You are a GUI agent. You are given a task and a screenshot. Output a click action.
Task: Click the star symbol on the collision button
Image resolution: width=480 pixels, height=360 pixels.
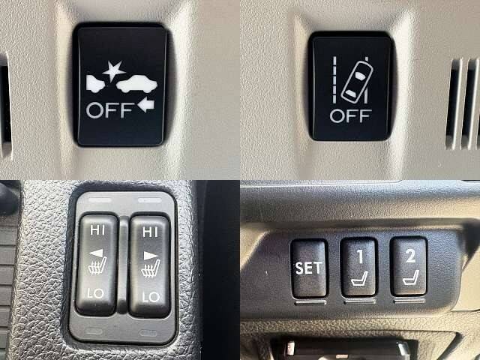pyautogui.click(x=114, y=71)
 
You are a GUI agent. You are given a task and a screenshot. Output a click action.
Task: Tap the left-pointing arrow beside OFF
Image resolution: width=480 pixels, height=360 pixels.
pyautogui.click(x=145, y=105)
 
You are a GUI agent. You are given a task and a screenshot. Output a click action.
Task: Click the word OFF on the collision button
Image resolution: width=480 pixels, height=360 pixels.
pyautogui.click(x=110, y=110)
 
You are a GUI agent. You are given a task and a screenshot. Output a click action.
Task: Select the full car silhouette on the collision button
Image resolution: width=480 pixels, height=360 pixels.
pyautogui.click(x=136, y=84)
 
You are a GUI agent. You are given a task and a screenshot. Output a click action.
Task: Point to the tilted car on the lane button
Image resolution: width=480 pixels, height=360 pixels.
pyautogui.click(x=357, y=82)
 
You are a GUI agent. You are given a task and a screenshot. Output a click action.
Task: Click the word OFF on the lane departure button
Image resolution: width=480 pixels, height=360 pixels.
pyautogui.click(x=351, y=116)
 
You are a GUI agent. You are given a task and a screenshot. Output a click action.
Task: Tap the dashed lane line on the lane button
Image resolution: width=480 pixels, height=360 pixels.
pyautogui.click(x=334, y=79)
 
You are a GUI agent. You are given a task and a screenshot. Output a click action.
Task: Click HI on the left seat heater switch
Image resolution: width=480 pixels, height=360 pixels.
pyautogui.click(x=97, y=230)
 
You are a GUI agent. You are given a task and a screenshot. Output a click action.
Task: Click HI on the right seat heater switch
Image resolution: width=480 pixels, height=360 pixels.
pyautogui.click(x=150, y=232)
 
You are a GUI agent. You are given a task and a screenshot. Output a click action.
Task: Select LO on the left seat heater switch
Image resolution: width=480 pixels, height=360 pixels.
pyautogui.click(x=95, y=293)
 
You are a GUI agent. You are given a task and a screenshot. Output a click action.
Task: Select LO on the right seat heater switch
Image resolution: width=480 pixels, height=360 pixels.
pyautogui.click(x=151, y=297)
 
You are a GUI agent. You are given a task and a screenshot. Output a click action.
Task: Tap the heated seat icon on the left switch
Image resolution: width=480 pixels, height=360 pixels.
pyautogui.click(x=97, y=265)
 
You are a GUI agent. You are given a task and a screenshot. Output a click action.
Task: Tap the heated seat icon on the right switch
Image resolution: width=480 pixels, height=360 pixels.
pyautogui.click(x=151, y=268)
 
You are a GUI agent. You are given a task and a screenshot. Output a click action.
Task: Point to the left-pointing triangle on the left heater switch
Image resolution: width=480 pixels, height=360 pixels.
pyautogui.click(x=96, y=253)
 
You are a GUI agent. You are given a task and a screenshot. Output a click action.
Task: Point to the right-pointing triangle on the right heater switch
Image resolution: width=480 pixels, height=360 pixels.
pyautogui.click(x=151, y=256)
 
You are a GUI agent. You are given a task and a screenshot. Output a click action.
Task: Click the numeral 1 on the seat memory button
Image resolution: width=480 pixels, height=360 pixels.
pyautogui.click(x=360, y=256)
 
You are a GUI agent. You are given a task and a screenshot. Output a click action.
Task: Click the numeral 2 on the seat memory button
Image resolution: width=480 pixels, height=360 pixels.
pyautogui.click(x=410, y=255)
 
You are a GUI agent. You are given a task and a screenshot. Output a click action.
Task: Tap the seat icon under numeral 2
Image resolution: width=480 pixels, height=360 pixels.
pyautogui.click(x=411, y=277)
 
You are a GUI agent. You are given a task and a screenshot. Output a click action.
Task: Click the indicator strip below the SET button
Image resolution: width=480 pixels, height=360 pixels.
pyautogui.click(x=310, y=302)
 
